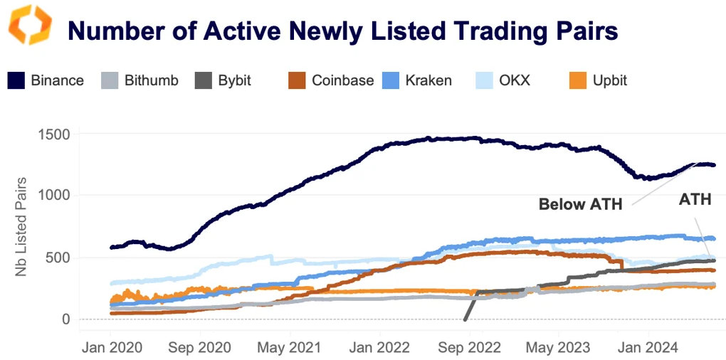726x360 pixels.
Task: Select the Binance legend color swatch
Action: pos(16,80)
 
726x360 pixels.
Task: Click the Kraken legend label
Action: pos(428,80)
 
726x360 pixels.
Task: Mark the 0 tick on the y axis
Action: pos(65,319)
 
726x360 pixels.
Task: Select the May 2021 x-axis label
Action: pos(290,347)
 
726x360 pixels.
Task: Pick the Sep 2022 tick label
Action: pos(468,347)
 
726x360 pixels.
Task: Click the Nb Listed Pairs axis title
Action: pos(23,226)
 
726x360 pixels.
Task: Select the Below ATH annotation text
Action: pos(580,205)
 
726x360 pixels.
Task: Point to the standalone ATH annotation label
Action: pos(695,200)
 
